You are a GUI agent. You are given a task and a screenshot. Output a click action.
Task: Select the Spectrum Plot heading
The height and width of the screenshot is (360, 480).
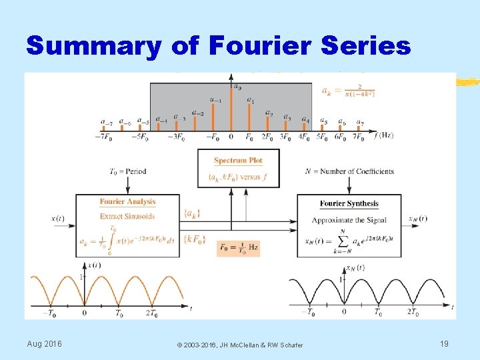coord(238,161)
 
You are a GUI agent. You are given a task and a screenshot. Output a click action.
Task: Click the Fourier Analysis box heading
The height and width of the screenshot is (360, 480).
coord(127,202)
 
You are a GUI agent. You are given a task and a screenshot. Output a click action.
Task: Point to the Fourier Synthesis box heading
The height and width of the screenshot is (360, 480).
coord(349,204)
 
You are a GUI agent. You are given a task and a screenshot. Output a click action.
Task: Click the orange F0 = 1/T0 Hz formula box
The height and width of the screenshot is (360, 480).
coord(238,249)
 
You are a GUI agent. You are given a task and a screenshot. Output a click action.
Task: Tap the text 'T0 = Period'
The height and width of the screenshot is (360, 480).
coord(127,171)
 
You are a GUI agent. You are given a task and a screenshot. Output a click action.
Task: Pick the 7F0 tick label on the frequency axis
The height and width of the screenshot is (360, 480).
coord(358,138)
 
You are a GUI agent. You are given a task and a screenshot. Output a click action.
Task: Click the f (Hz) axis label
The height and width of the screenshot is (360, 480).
coord(384,135)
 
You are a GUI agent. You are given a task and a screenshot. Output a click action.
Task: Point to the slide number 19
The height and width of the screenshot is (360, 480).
coord(444,343)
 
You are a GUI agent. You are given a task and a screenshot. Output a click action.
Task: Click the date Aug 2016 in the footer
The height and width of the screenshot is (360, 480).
coord(44,343)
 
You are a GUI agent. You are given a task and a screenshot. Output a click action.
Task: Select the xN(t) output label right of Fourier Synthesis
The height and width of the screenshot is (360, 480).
coord(418,219)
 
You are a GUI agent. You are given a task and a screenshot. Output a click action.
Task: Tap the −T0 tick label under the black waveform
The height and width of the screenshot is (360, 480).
coord(309,311)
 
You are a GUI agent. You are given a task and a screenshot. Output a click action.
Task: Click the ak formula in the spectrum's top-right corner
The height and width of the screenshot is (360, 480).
coord(347,91)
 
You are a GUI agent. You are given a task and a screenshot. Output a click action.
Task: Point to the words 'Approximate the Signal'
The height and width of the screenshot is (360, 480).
coord(348,220)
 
